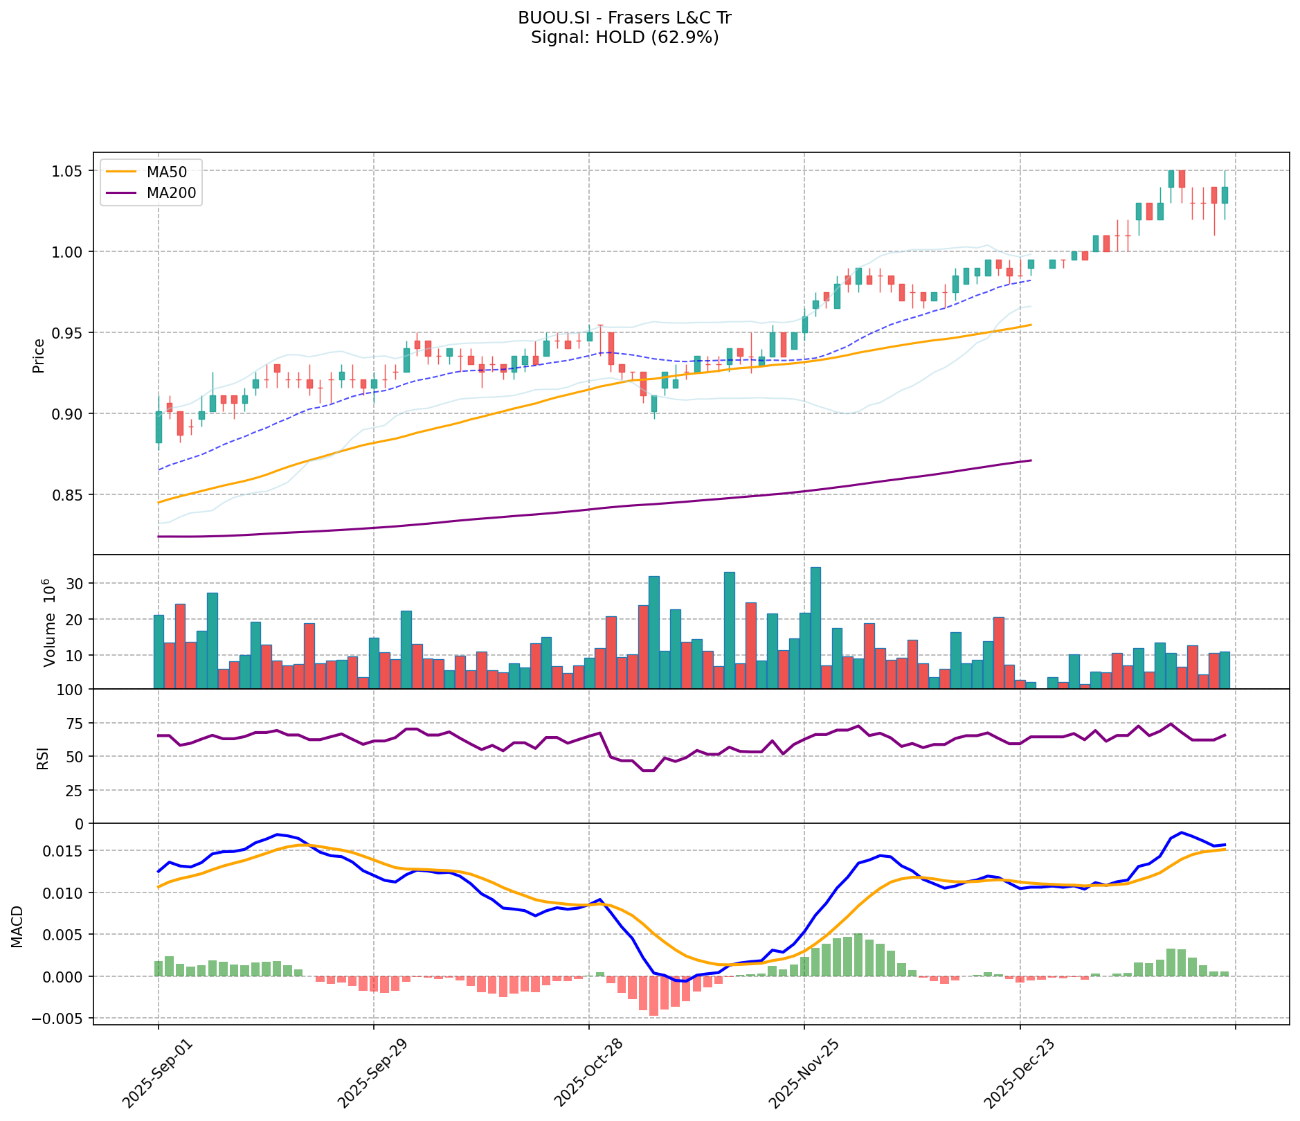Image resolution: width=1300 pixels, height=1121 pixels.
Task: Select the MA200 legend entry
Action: click(171, 193)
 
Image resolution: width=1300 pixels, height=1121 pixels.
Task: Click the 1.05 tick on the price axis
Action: click(68, 171)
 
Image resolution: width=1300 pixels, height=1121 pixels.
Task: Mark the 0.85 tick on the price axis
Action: click(68, 495)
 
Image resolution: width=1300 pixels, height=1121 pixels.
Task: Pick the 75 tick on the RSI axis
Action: click(73, 724)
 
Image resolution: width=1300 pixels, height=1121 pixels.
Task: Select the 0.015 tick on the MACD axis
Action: click(62, 851)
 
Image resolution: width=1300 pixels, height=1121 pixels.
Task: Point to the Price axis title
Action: click(39, 355)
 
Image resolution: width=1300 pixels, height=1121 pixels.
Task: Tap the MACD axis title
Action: click(18, 926)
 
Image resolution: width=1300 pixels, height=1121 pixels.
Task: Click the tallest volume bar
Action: click(815, 627)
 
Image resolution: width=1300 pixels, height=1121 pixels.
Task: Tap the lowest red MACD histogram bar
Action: click(653, 996)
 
